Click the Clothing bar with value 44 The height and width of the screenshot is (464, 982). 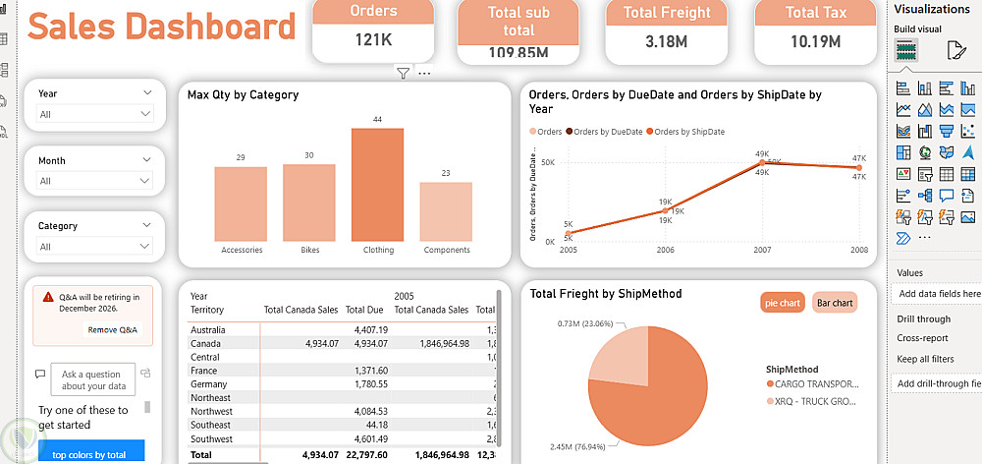[x=377, y=185]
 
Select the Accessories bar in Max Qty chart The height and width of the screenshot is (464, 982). [x=241, y=203]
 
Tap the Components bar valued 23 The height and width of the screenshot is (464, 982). [x=446, y=211]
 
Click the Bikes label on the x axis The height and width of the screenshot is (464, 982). [x=309, y=250]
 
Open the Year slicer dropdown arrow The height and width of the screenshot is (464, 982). [x=147, y=93]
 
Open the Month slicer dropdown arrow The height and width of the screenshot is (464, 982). [x=147, y=160]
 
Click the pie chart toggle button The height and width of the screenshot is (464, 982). [x=782, y=303]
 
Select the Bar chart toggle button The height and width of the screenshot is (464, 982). [x=834, y=303]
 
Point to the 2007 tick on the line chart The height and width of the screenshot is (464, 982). [x=762, y=250]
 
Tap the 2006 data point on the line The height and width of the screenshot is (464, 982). [x=665, y=210]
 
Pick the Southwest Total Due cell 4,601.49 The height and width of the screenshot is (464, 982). [x=369, y=438]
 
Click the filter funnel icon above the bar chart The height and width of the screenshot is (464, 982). [x=403, y=73]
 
